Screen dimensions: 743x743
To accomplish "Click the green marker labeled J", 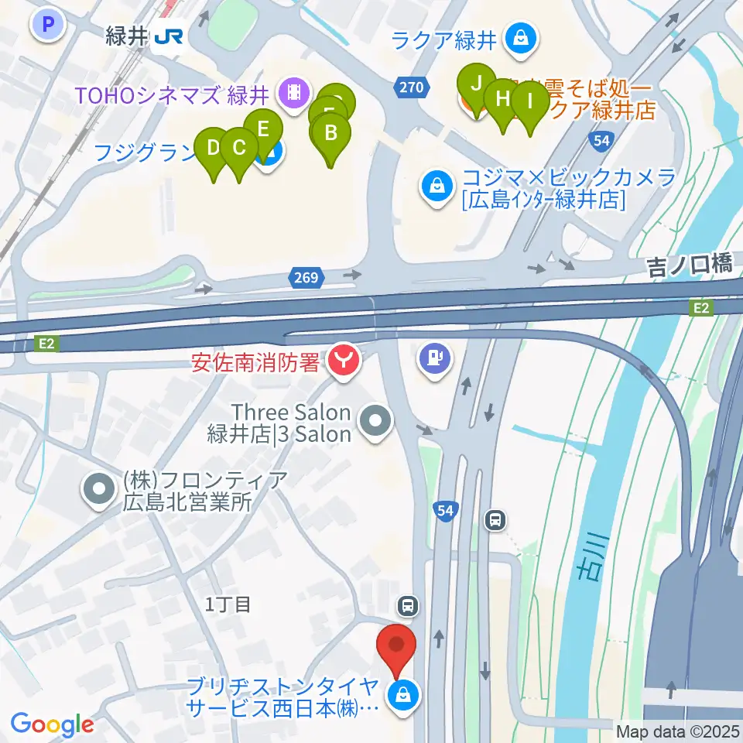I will pyautogui.click(x=477, y=84).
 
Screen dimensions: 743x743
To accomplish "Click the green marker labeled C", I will pyautogui.click(x=239, y=148).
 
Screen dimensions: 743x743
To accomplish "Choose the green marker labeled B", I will pyautogui.click(x=331, y=133).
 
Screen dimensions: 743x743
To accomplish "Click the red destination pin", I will pyautogui.click(x=397, y=645).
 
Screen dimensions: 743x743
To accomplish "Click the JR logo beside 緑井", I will pyautogui.click(x=167, y=36).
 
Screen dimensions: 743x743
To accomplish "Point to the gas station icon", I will pyautogui.click(x=434, y=358).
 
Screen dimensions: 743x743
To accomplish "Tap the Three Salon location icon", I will pyautogui.click(x=377, y=423).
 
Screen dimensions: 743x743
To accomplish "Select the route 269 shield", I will pyautogui.click(x=306, y=276).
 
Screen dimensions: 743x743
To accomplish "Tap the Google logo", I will pyautogui.click(x=53, y=724).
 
